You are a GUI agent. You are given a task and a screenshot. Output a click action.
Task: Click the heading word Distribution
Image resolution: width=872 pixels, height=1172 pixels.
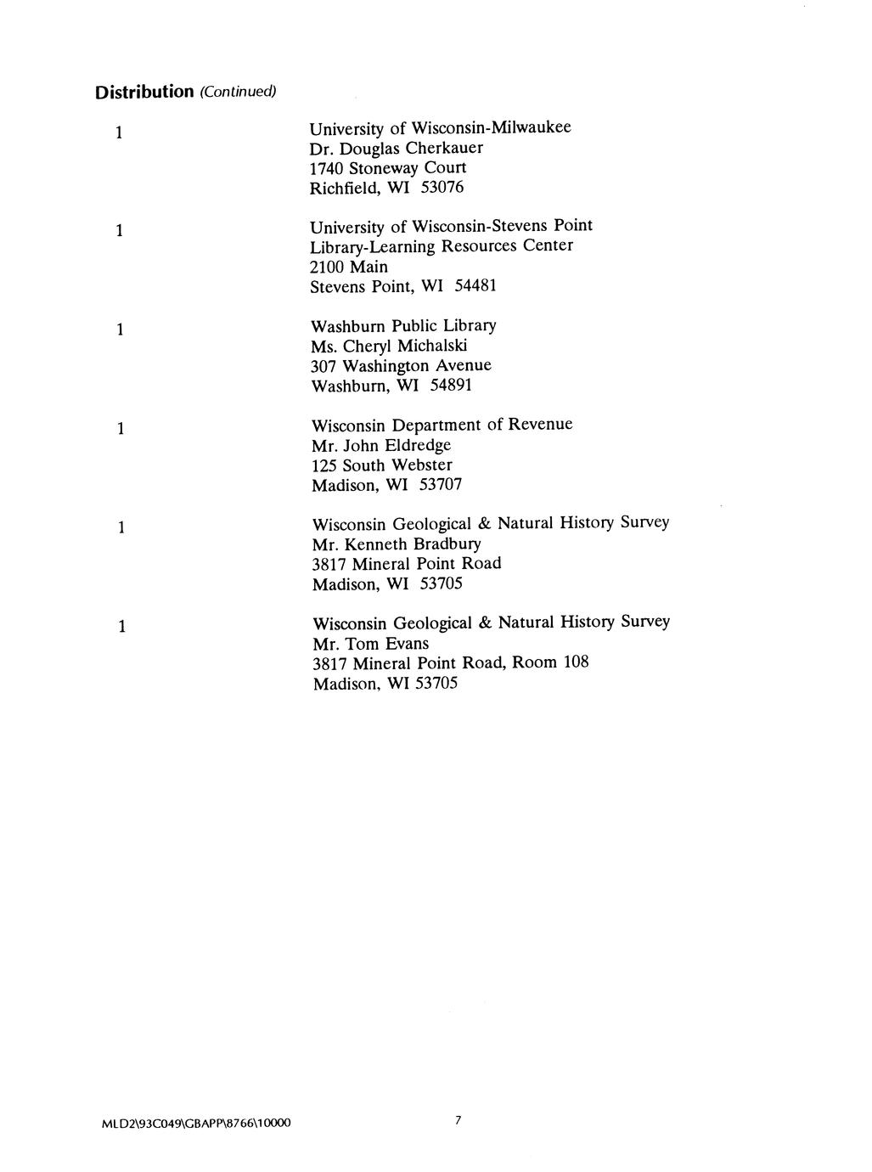coord(143,91)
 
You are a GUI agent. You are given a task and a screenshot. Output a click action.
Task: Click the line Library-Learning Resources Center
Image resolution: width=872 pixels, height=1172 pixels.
coord(442,246)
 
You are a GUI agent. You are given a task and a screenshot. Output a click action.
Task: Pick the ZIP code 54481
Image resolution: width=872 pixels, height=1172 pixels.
coord(475,286)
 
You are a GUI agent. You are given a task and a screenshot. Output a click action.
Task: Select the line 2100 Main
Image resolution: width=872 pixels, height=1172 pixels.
coord(349,267)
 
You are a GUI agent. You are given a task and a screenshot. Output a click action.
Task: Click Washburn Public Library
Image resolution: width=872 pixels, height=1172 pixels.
coord(403,326)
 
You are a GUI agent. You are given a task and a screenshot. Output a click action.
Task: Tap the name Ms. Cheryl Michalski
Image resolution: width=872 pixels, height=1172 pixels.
coord(390,346)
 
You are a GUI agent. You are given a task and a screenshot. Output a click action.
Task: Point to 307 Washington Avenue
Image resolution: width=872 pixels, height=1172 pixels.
coord(401,366)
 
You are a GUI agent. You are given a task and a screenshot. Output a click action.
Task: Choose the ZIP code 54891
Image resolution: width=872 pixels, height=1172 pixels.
coord(451,386)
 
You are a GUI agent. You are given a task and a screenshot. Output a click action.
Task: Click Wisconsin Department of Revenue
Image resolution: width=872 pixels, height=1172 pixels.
coord(442,425)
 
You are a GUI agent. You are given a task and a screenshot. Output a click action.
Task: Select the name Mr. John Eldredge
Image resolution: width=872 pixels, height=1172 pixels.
coord(381,445)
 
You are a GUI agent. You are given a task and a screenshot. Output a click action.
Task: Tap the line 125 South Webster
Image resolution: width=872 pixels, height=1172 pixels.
coord(382,465)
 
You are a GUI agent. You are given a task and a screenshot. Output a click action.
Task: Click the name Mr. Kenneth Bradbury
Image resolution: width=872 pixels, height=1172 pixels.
coord(397,544)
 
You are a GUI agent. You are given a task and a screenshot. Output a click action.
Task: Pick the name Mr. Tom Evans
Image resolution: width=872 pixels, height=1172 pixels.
coord(371,644)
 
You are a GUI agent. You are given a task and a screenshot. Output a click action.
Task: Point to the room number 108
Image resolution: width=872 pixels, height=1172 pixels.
coord(575,662)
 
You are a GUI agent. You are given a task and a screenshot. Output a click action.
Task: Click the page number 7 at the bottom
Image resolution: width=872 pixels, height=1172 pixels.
coord(457,1121)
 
